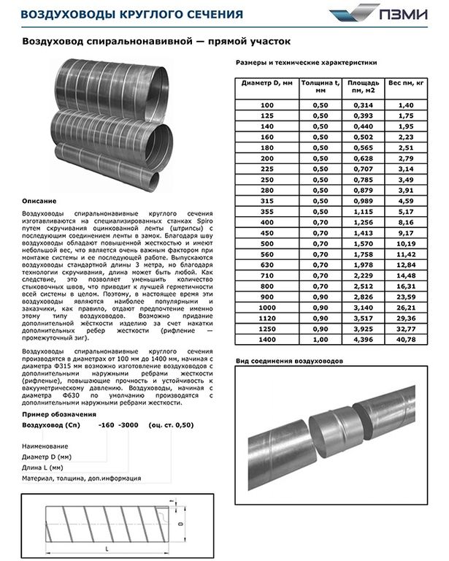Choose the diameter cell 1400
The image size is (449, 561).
[x=266, y=339]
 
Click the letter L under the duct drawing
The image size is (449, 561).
[x=107, y=547]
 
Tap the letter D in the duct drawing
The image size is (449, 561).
[x=179, y=524]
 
